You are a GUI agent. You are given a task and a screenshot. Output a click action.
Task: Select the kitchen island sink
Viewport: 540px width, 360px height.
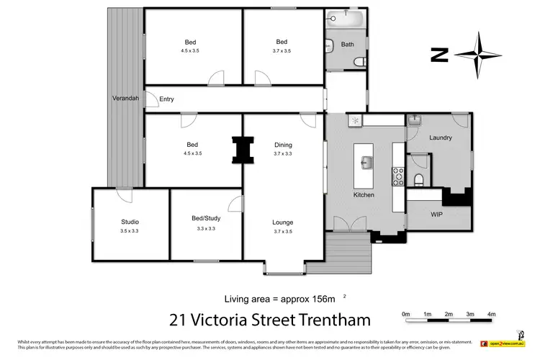point(366,161)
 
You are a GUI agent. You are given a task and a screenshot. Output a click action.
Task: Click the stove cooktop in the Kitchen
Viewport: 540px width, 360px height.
point(397,174)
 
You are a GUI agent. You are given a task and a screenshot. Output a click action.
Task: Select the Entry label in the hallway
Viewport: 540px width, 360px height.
point(166,99)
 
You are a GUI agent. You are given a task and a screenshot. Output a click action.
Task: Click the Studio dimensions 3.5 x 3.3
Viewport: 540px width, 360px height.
point(130,231)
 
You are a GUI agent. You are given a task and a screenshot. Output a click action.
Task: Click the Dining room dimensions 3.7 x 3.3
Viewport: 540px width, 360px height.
point(283,154)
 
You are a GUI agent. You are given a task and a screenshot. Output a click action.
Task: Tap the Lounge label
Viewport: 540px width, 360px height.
point(283,222)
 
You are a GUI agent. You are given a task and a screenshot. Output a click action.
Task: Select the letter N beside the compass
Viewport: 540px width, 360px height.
point(436,53)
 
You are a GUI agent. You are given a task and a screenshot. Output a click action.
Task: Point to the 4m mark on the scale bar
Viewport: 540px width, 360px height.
point(491,315)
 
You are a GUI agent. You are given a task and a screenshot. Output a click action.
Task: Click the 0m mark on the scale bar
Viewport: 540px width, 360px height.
point(405,315)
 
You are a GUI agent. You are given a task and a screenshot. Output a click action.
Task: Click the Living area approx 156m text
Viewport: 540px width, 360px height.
point(276,297)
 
